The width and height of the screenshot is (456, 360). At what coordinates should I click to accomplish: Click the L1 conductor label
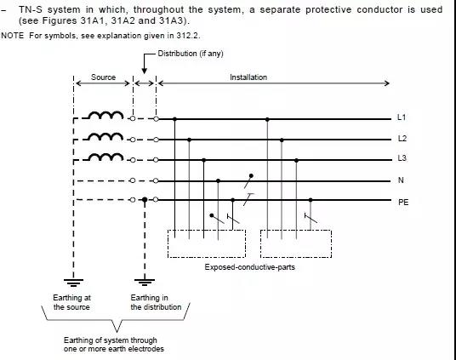[402, 117]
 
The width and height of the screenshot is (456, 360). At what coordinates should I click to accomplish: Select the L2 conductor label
[402, 139]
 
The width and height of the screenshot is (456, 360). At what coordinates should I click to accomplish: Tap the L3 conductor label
[402, 158]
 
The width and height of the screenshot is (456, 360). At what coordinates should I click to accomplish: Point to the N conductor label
[401, 180]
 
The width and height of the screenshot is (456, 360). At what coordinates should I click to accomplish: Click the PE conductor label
[403, 202]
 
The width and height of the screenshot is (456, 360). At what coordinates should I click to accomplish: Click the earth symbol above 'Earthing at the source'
[73, 283]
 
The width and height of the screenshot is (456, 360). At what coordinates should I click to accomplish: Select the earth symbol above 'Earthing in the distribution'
[145, 283]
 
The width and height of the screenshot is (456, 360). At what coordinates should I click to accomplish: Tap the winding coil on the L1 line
[105, 115]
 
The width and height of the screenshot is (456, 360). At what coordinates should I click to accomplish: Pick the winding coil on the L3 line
[105, 157]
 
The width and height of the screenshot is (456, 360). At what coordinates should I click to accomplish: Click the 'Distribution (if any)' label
[191, 54]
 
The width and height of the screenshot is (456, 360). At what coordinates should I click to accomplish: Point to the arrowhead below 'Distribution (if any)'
[145, 71]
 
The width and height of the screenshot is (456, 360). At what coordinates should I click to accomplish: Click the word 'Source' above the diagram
[103, 77]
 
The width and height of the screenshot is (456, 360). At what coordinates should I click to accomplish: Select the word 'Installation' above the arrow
[248, 77]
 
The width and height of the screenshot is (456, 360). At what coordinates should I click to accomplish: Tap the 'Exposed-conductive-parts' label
[250, 267]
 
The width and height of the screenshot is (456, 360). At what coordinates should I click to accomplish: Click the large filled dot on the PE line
[145, 200]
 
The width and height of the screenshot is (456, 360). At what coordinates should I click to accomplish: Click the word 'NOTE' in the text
[13, 36]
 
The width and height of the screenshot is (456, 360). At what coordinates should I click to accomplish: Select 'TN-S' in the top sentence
[31, 9]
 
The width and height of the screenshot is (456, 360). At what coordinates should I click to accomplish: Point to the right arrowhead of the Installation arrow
[387, 83]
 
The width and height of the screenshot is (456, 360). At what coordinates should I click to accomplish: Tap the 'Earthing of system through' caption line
[111, 340]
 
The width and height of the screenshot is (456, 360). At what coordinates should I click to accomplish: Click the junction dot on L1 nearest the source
[174, 119]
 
